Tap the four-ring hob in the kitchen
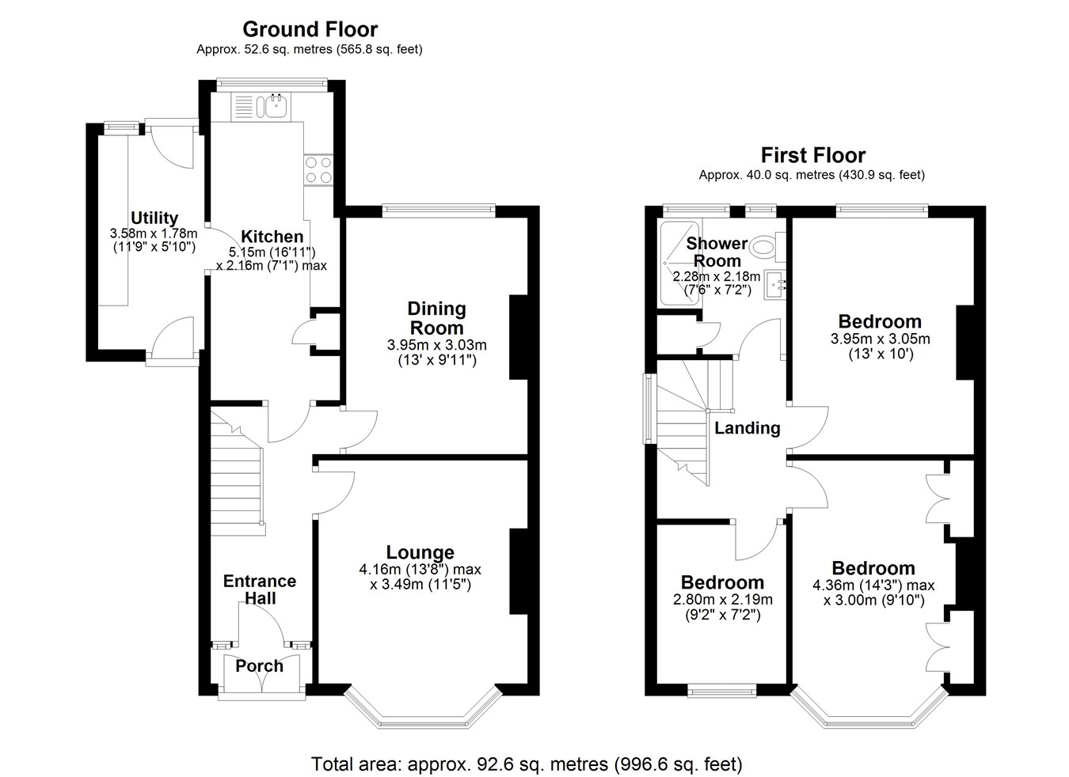pyautogui.click(x=318, y=170)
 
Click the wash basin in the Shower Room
pyautogui.click(x=774, y=285)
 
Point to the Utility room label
pyautogui.click(x=154, y=218)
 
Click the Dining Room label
pyautogui.click(x=436, y=318)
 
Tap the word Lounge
pyautogui.click(x=420, y=551)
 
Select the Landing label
pyautogui.click(x=747, y=428)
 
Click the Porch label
pyautogui.click(x=259, y=666)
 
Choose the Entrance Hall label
pyautogui.click(x=260, y=589)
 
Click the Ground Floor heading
pyautogui.click(x=310, y=29)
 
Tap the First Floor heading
pyautogui.click(x=813, y=156)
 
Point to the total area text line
pyautogui.click(x=527, y=764)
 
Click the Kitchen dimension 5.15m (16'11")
pyautogui.click(x=272, y=252)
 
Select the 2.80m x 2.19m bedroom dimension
pyautogui.click(x=722, y=599)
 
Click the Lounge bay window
pyautogui.click(x=423, y=708)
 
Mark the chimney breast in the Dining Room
pyautogui.click(x=519, y=337)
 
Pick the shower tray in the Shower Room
pyautogui.click(x=679, y=263)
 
